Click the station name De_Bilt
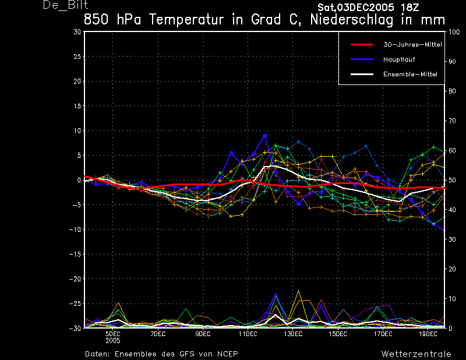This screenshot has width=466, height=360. click(65, 5)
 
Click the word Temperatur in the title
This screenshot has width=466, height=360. click(186, 20)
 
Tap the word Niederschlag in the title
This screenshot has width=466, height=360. click(352, 20)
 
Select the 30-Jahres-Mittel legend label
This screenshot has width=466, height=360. click(412, 45)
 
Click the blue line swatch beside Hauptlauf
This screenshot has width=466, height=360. click(362, 59)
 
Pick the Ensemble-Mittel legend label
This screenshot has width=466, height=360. click(411, 75)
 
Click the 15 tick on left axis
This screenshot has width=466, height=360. click(77, 106)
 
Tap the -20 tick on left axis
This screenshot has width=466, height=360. click(75, 279)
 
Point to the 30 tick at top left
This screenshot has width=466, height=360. click(77, 32)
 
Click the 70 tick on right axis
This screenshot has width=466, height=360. click(452, 121)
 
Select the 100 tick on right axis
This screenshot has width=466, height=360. click(454, 32)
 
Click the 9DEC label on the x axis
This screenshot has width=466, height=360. click(203, 334)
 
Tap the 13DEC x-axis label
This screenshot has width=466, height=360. click(293, 334)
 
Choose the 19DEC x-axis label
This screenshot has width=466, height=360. click(428, 334)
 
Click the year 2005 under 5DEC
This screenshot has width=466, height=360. click(113, 341)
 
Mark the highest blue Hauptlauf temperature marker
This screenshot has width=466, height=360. click(265, 136)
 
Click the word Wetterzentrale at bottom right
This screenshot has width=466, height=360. click(416, 354)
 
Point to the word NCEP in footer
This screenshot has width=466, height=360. click(227, 354)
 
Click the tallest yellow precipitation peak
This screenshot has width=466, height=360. click(298, 291)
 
